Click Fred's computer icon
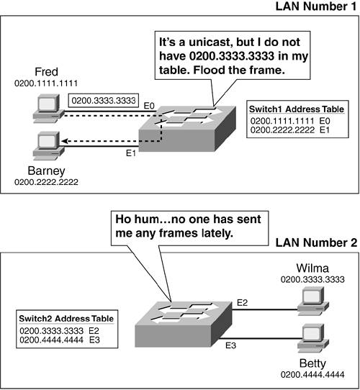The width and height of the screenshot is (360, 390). coord(48,108)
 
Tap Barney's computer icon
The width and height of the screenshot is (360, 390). coord(48,146)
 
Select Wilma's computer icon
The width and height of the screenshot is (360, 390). coord(313,301)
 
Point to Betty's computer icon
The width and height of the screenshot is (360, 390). coord(313,338)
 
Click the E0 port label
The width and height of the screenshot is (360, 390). coord(149,106)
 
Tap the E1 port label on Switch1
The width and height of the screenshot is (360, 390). coord(131,153)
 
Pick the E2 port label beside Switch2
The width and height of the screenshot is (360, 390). coord(242,303)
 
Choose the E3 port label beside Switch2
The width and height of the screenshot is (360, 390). coord(231,345)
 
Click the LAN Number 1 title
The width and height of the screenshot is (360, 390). coord(316,6)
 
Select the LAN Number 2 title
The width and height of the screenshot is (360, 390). coord(316,242)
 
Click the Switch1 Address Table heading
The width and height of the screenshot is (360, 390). coord(297,109)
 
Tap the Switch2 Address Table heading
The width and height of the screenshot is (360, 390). coord(66,319)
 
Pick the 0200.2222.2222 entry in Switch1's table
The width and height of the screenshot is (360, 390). coord(282,130)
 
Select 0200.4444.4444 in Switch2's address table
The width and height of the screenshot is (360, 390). coord(51,340)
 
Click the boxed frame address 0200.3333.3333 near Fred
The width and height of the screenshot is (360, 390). coord(104,101)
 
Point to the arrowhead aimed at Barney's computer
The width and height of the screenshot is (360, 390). coord(65,141)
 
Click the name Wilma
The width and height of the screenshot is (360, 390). coord(312,268)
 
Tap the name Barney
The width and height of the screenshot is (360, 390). coord(46,171)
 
